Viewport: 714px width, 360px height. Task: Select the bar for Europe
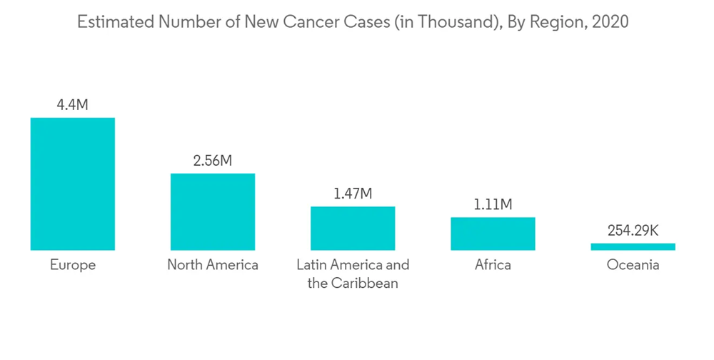pos(72,184)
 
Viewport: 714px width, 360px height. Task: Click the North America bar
pos(212,211)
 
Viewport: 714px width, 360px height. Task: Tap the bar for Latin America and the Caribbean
pos(352,228)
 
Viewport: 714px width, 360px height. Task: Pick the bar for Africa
pos(493,234)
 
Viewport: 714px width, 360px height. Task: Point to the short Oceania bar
pos(633,246)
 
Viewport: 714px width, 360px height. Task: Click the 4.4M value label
pos(72,105)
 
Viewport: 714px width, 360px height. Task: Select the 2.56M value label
pos(212,161)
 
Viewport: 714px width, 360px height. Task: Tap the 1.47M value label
pos(353,194)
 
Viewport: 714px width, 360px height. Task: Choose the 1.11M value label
pos(493,205)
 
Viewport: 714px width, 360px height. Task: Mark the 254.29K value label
pos(633,231)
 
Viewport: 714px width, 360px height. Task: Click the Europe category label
pos(72,265)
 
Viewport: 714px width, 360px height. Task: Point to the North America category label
pos(212,265)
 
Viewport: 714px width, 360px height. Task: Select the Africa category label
pos(493,265)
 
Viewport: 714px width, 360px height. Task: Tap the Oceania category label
pos(633,265)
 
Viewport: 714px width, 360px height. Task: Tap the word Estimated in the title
pos(115,22)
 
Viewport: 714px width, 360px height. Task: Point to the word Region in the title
pos(556,22)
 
